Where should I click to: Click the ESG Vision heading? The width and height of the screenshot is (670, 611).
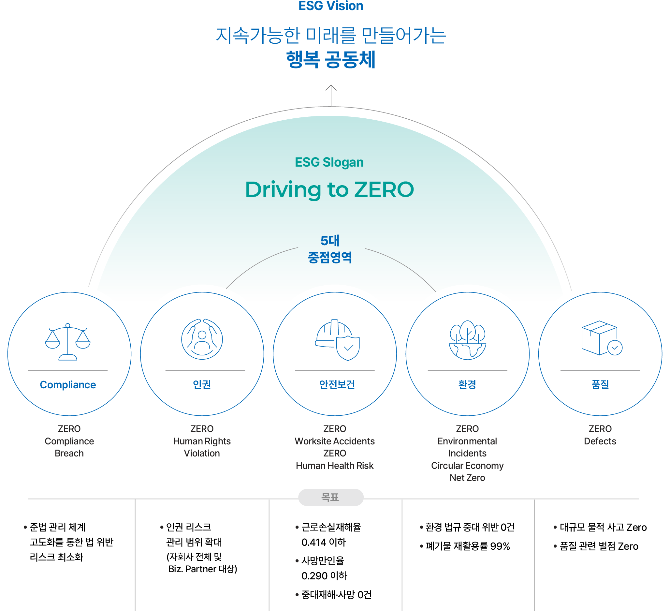(x=331, y=6)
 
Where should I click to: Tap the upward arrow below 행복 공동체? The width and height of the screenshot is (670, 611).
(x=331, y=96)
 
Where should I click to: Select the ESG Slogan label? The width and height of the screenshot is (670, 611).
(x=329, y=162)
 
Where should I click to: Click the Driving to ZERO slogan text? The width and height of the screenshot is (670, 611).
(x=330, y=189)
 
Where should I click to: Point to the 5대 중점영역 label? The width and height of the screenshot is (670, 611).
(x=330, y=249)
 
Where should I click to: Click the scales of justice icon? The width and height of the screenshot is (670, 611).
(x=68, y=342)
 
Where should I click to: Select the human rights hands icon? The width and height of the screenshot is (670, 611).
(x=202, y=339)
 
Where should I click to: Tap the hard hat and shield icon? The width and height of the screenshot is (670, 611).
(x=337, y=340)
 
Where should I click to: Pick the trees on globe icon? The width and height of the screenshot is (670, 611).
(x=468, y=340)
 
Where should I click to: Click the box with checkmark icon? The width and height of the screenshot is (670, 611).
(x=602, y=338)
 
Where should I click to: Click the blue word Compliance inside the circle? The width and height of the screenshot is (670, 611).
(x=68, y=385)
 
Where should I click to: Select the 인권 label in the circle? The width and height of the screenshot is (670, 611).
(x=202, y=384)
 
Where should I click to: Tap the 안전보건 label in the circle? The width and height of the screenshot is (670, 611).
(x=337, y=384)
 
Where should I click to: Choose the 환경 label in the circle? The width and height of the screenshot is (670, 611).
(x=467, y=384)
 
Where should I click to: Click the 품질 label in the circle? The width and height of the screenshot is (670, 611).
(x=600, y=384)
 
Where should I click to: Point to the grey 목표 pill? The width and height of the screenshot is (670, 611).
(x=331, y=497)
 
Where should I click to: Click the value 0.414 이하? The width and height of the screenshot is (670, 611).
(x=324, y=543)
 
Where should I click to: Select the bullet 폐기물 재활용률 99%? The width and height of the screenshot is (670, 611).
(x=465, y=546)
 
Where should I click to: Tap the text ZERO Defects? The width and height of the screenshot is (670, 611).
(x=600, y=435)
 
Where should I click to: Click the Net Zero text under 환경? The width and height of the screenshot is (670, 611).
(x=467, y=478)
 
